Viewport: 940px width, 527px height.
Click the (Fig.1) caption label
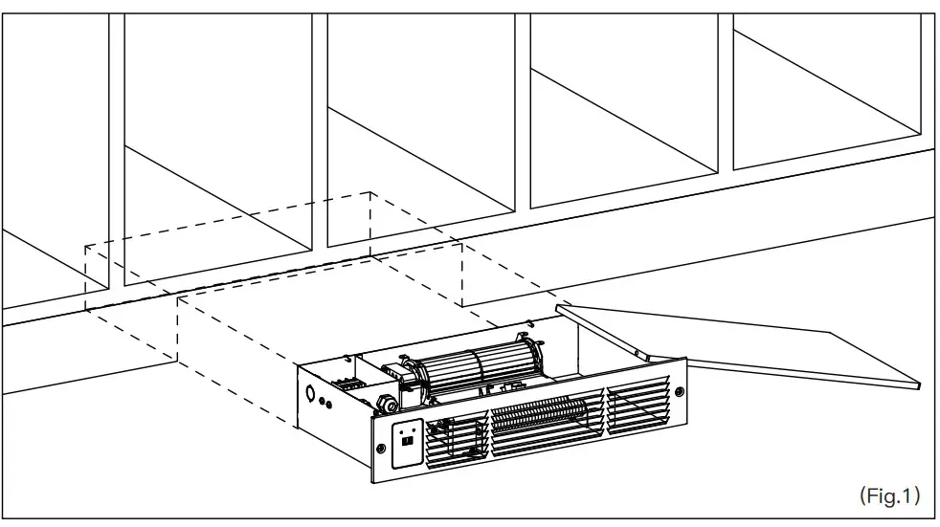(889, 495)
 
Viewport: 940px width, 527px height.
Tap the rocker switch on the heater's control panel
(407, 440)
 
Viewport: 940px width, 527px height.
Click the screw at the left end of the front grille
(380, 449)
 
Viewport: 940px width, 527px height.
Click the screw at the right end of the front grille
(680, 391)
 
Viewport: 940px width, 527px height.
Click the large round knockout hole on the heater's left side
(310, 393)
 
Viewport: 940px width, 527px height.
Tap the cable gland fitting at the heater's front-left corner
(386, 406)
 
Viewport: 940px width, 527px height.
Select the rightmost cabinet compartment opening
(826, 90)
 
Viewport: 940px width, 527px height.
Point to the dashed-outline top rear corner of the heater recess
(369, 192)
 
